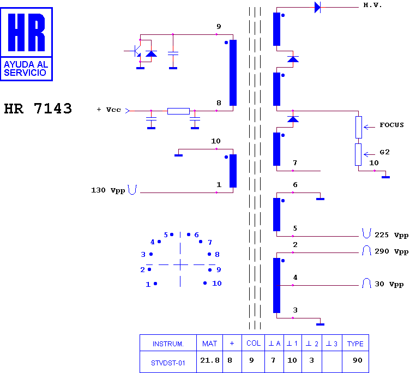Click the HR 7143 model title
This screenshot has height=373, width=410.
[38, 109]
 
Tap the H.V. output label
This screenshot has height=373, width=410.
[372, 5]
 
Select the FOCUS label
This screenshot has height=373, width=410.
[391, 125]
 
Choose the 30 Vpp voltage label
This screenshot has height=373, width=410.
[389, 284]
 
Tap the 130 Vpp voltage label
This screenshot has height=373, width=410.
[107, 190]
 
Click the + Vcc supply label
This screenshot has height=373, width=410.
[108, 110]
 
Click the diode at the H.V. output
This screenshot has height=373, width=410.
[318, 7]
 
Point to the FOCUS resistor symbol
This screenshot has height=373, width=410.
[359, 127]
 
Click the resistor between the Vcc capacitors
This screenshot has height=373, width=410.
[178, 111]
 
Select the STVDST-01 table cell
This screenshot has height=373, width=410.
[168, 362]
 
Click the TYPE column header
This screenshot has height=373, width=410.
[355, 344]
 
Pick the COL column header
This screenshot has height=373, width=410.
[254, 344]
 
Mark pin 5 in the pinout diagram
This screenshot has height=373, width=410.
[171, 234]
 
